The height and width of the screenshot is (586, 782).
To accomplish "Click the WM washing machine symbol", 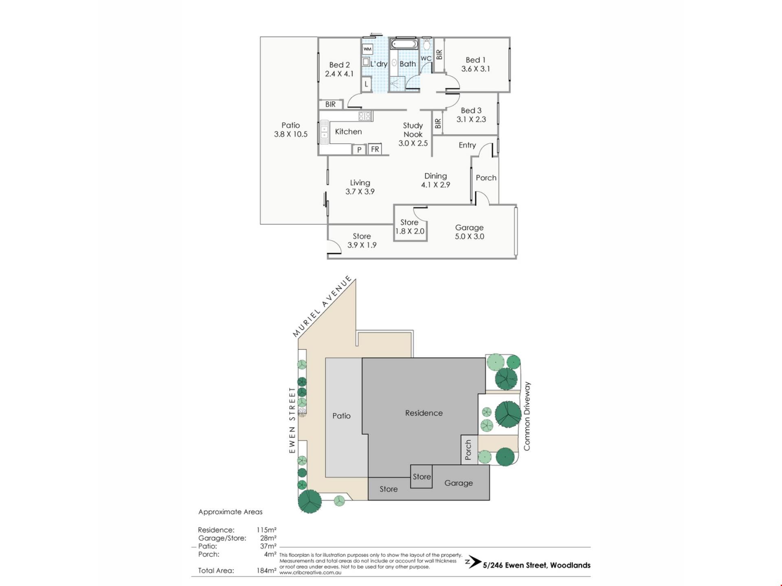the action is [367, 49].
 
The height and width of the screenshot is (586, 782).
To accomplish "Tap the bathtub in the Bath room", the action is [404, 44].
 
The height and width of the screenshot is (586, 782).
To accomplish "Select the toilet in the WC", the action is [426, 44].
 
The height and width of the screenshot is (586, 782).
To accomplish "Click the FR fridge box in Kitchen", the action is [375, 149].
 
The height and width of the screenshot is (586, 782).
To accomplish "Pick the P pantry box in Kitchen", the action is [359, 150].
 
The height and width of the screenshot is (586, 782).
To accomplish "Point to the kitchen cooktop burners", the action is [365, 116].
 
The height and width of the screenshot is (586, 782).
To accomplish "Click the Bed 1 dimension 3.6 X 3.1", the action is [475, 69].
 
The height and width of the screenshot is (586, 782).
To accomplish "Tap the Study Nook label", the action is [413, 130].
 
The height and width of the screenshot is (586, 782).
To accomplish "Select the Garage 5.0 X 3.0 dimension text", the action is [469, 236].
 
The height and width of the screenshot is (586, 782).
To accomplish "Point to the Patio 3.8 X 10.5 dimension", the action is [290, 134].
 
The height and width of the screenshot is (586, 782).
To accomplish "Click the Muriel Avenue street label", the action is [322, 306].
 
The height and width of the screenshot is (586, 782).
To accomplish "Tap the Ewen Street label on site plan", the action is [292, 420].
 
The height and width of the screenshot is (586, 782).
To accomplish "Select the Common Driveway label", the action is [527, 416].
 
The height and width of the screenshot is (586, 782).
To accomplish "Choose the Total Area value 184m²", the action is [266, 570].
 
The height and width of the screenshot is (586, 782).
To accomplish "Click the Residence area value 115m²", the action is [266, 530].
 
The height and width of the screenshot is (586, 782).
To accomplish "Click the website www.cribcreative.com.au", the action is [310, 573].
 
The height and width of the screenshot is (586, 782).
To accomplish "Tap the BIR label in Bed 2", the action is [330, 105].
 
